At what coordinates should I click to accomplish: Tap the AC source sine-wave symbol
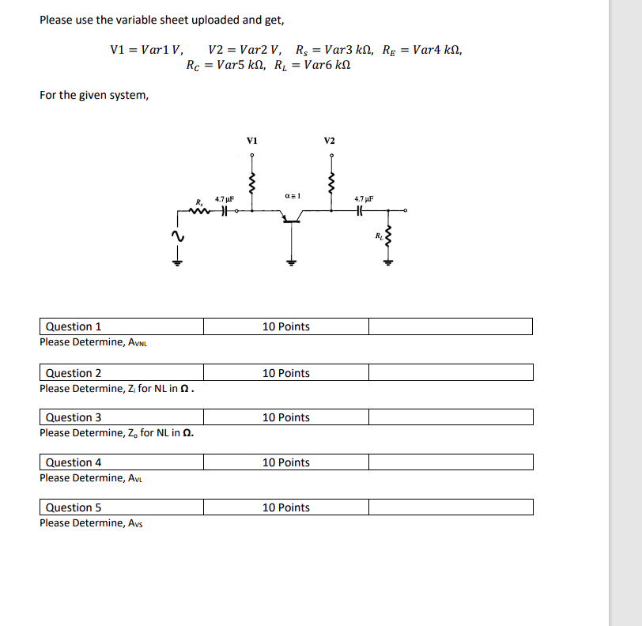(177, 236)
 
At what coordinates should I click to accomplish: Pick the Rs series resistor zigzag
(199, 210)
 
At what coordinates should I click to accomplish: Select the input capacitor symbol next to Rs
(225, 210)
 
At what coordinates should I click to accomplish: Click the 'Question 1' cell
(122, 326)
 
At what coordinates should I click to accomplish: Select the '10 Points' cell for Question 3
(286, 417)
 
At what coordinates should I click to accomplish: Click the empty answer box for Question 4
(451, 462)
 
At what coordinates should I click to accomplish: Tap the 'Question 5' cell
(122, 507)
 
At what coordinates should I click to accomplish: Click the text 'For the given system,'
(94, 95)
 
